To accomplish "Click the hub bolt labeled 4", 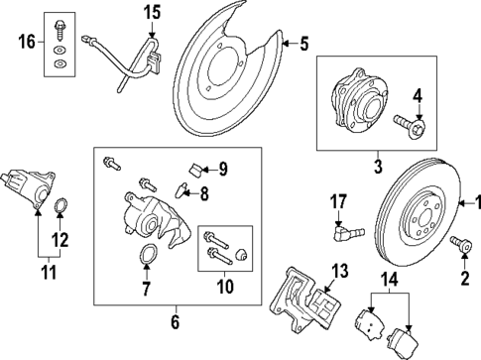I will (x=410, y=125).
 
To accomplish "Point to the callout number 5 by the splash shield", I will (x=304, y=43).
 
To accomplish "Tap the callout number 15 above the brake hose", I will (x=151, y=13).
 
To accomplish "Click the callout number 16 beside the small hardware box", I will (x=26, y=41).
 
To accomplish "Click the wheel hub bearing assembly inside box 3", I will (x=354, y=102).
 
